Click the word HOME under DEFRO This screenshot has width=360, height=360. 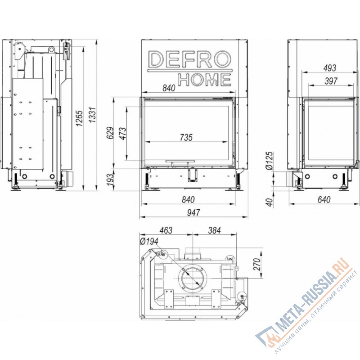(205, 80)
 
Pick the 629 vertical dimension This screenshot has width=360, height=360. (111, 134)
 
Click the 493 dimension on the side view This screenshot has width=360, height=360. (330, 68)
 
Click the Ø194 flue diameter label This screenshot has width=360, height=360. (148, 242)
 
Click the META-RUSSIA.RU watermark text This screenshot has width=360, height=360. (306, 297)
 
